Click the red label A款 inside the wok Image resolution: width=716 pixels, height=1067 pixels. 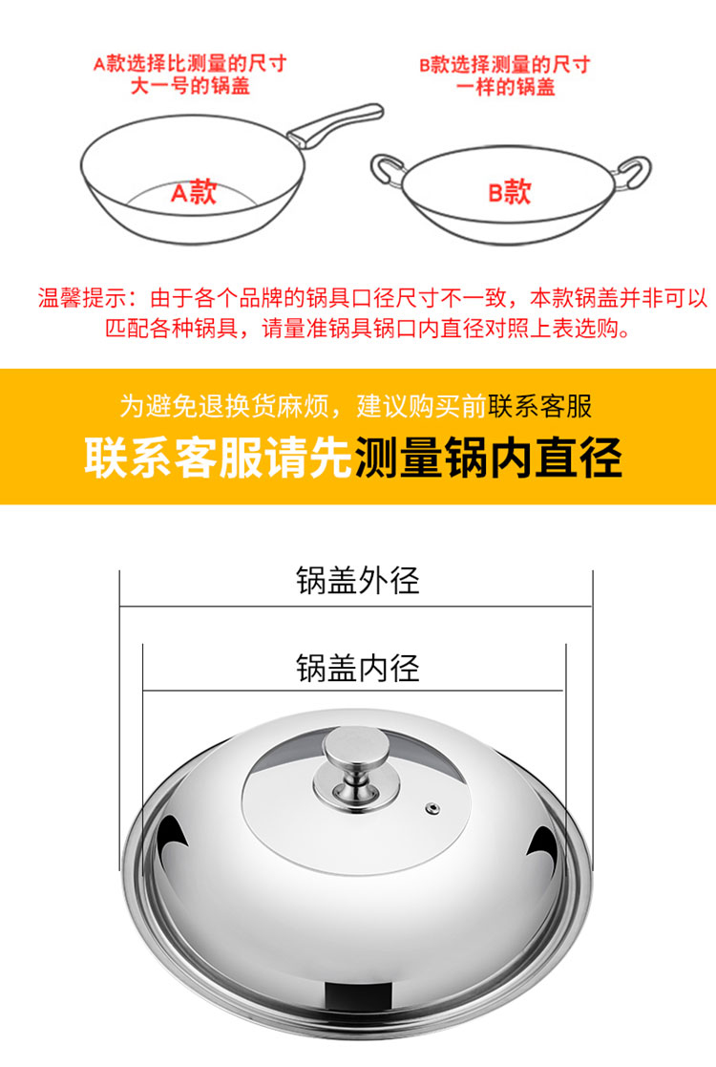[x=194, y=193]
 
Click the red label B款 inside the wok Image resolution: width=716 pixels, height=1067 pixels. [x=509, y=193]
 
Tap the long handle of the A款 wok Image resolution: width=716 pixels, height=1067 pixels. [x=334, y=123]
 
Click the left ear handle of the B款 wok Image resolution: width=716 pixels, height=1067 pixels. [x=386, y=169]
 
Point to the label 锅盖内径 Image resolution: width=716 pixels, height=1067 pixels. [x=358, y=668]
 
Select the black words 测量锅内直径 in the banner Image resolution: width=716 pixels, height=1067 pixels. [x=488, y=458]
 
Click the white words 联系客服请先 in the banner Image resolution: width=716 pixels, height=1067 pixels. [x=219, y=458]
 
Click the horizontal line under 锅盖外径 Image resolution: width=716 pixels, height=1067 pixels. [x=356, y=606]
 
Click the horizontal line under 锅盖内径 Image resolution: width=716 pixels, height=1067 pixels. [x=354, y=690]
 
